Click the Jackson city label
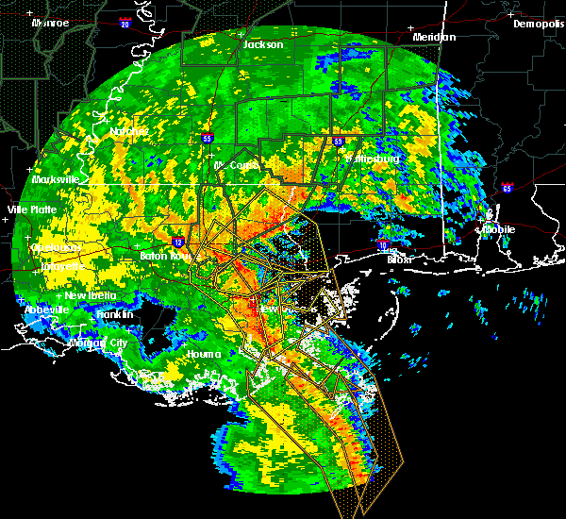[x=263, y=44]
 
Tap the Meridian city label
[x=434, y=37]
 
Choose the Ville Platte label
[x=31, y=209]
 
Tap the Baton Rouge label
[x=141, y=256]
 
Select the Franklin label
[x=113, y=313]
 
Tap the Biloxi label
[x=400, y=259]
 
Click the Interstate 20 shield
[x=125, y=25]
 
